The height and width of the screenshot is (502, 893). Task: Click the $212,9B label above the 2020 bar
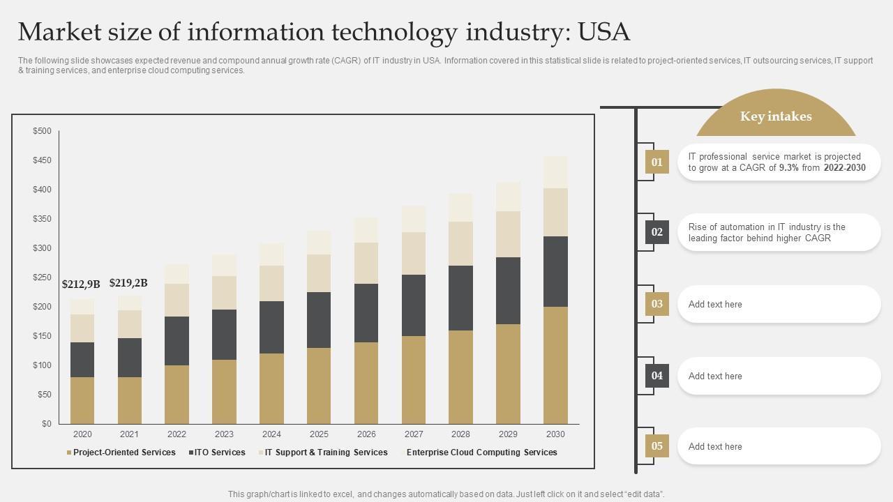[x=81, y=284]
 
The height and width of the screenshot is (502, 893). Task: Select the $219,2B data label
[x=128, y=282]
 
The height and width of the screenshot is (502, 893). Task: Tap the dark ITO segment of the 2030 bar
[x=555, y=271]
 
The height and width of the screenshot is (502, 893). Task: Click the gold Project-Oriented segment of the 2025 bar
[x=319, y=386]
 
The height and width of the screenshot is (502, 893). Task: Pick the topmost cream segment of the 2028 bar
[x=460, y=208]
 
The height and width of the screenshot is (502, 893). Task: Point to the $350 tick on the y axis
[x=42, y=219]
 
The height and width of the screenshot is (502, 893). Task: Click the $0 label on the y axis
[x=46, y=424]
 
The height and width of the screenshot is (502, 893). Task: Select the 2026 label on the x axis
[x=366, y=434]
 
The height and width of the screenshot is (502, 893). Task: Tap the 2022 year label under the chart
[x=177, y=434]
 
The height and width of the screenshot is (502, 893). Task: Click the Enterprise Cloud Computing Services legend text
[x=481, y=452]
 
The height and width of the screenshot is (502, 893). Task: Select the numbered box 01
[x=656, y=162]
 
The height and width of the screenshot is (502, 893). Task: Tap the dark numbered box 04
[x=656, y=376]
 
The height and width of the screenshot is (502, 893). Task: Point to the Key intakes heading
[x=776, y=116]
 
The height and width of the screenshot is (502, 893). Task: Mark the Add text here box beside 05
[x=779, y=446]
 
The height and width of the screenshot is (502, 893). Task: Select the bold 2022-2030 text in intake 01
[x=844, y=168]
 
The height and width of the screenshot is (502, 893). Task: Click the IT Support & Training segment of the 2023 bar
[x=224, y=293]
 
